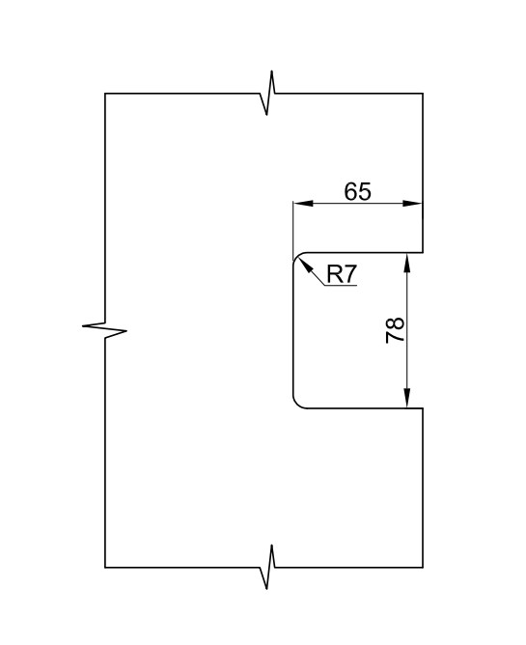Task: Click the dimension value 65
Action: pyautogui.click(x=357, y=191)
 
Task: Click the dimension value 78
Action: pyautogui.click(x=395, y=330)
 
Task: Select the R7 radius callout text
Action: pyautogui.click(x=342, y=274)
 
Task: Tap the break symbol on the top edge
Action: pyautogui.click(x=267, y=93)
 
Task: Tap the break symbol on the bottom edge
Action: pyautogui.click(x=267, y=567)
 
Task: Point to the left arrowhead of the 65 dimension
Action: pyautogui.click(x=303, y=203)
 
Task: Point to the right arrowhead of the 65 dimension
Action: pyautogui.click(x=412, y=203)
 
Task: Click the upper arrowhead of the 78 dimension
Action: pyautogui.click(x=406, y=264)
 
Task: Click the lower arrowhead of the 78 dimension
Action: pyautogui.click(x=406, y=398)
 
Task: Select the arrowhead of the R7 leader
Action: pyautogui.click(x=305, y=266)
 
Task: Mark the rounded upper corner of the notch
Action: pyautogui.click(x=297, y=257)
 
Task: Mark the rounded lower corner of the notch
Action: pyautogui.click(x=297, y=404)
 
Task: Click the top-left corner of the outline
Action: pyautogui.click(x=105, y=94)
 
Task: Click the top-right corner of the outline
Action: pyautogui.click(x=423, y=94)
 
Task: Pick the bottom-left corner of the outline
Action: pyautogui.click(x=105, y=567)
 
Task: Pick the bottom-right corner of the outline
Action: pyautogui.click(x=423, y=567)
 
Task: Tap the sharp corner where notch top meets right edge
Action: pyautogui.click(x=423, y=253)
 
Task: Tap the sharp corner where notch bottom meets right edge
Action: pyautogui.click(x=423, y=408)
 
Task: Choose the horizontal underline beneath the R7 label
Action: pyautogui.click(x=341, y=285)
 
